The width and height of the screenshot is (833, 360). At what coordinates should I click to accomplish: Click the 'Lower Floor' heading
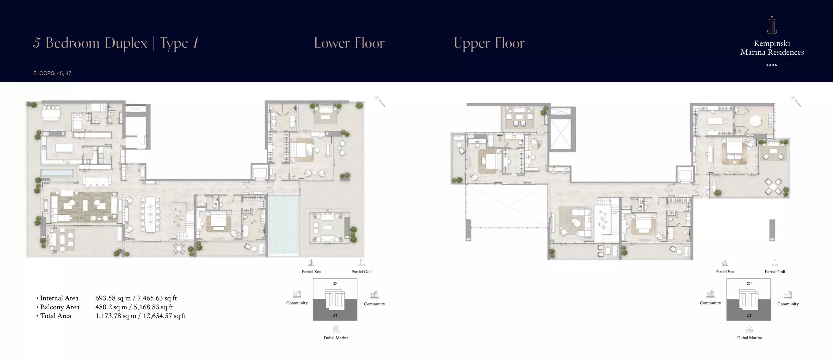(349, 43)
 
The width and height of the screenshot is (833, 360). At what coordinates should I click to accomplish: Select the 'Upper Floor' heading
(489, 43)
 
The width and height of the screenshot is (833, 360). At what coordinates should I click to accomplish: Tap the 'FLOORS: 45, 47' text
(52, 73)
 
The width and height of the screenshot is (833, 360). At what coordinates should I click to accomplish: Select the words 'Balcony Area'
(60, 307)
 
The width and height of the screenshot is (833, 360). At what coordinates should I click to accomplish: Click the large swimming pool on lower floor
(284, 225)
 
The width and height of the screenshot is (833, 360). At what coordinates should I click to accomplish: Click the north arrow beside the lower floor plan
(380, 101)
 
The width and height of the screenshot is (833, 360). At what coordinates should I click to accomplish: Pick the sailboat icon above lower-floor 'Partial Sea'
(311, 263)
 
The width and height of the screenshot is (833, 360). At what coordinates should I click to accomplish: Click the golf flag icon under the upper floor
(775, 263)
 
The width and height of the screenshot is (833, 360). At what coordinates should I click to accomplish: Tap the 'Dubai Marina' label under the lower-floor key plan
(336, 338)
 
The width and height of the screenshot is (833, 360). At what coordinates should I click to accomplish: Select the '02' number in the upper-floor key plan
(749, 284)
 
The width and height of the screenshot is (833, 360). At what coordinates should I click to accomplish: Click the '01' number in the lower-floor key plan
(335, 315)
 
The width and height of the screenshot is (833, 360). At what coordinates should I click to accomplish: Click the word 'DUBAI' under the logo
(772, 65)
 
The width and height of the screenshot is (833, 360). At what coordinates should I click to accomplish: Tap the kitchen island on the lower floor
(64, 148)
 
